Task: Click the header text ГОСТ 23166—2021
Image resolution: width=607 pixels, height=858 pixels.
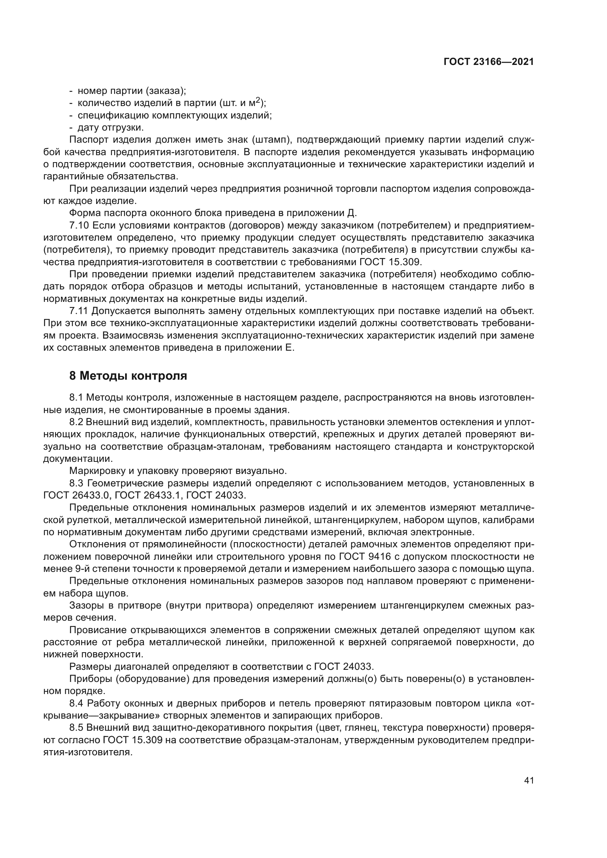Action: pos(488,62)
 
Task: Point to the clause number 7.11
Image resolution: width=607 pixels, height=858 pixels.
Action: pos(79,311)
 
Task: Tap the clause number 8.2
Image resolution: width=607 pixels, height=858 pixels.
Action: pos(76,422)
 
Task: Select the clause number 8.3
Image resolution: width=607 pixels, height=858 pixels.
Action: pos(76,483)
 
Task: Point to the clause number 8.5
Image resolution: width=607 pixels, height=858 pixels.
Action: pos(76,728)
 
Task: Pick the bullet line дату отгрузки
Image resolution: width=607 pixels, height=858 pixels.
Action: pos(110,127)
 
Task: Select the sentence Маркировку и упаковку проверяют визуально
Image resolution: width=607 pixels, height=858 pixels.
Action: pos(178,471)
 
